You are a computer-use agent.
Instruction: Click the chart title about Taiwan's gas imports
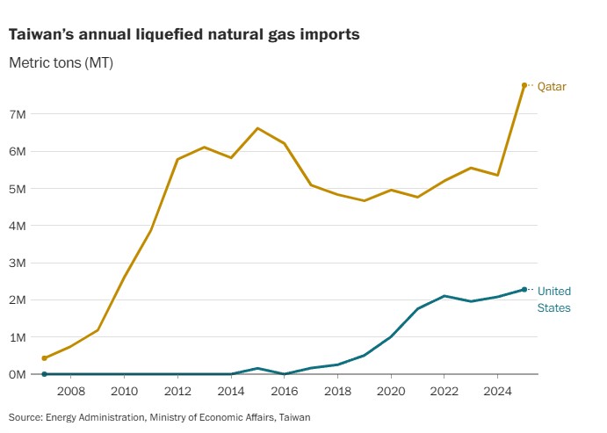pyautogui.click(x=184, y=35)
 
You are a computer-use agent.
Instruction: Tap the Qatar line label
pyautogui.click(x=552, y=86)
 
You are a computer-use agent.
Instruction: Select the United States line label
pyautogui.click(x=553, y=299)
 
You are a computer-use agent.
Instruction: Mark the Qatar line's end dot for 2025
pyautogui.click(x=524, y=85)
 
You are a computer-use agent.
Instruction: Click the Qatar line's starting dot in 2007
pyautogui.click(x=44, y=358)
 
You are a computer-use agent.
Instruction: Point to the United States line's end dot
pyautogui.click(x=524, y=289)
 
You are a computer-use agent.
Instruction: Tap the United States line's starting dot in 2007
pyautogui.click(x=44, y=374)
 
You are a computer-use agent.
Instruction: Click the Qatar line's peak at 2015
pyautogui.click(x=257, y=128)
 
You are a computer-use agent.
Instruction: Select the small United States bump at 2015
pyautogui.click(x=257, y=368)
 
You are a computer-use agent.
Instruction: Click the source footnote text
pyautogui.click(x=159, y=417)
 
